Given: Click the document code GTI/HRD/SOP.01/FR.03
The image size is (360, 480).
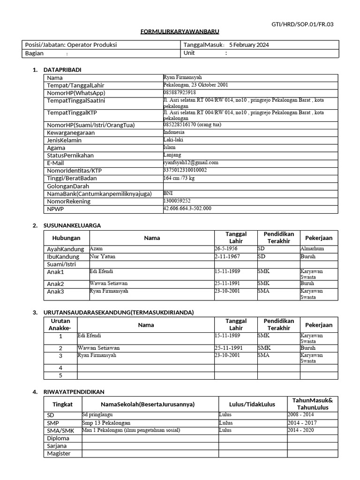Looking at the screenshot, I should click(303, 24).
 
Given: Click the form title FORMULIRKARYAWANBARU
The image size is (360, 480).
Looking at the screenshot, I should click(180, 31).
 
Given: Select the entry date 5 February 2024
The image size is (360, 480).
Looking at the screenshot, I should click(249, 45).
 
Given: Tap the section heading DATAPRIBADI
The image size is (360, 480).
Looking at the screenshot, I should click(62, 70).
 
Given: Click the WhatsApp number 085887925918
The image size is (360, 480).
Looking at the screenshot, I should click(180, 92).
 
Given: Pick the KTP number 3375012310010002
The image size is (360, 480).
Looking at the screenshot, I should click(185, 170).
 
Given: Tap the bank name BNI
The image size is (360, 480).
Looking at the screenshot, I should click(167, 193).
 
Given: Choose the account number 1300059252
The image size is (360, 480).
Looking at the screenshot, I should click(177, 200).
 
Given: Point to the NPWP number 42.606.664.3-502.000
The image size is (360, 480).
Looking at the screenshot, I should click(187, 208).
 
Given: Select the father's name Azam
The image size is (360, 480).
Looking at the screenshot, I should click(96, 248).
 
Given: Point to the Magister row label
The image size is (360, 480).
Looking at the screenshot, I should click(59, 454).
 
